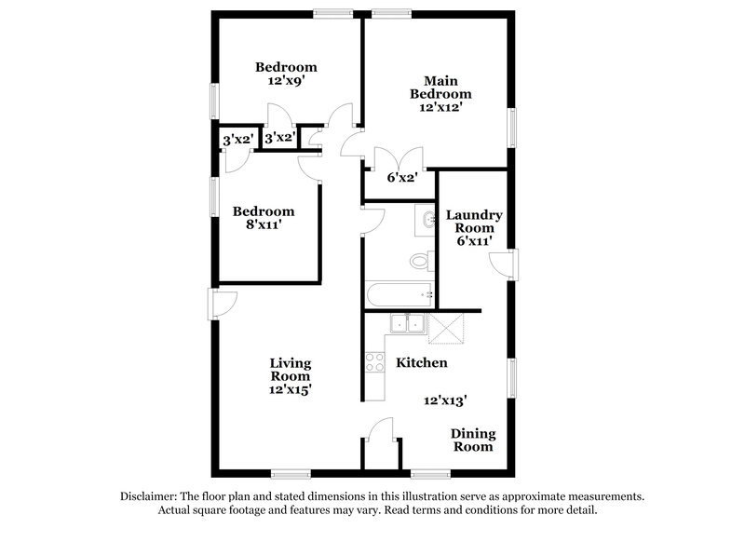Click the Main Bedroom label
440,87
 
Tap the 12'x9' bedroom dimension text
286,81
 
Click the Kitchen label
421,362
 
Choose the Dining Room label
472,440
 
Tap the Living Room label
291,369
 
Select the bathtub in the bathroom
400,295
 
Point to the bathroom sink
427,220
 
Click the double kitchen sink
407,324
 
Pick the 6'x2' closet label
402,176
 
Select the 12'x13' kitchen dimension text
445,400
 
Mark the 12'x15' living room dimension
291,390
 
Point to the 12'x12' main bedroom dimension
440,108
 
